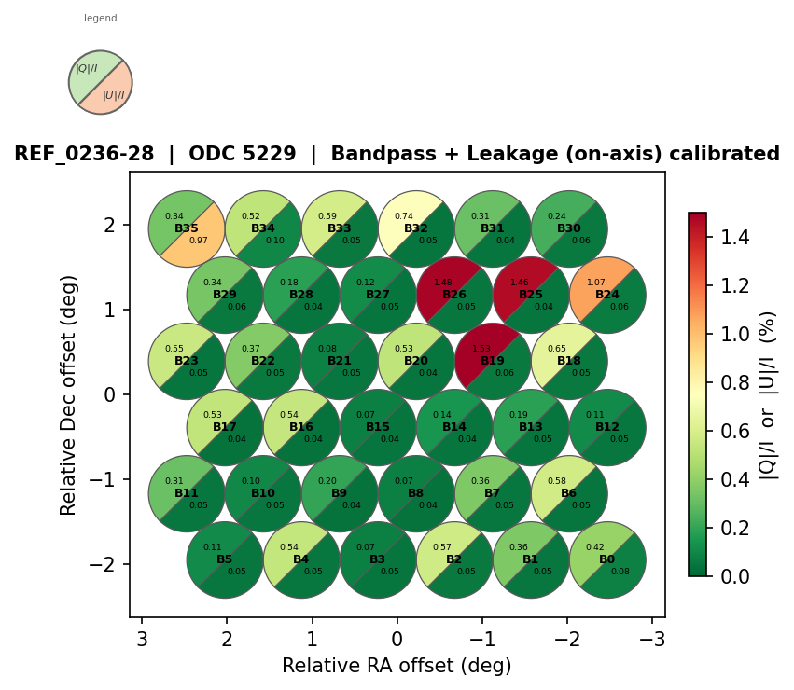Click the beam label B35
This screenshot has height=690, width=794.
[187, 228]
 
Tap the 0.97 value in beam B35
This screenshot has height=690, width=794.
[199, 241]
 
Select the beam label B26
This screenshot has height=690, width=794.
[454, 295]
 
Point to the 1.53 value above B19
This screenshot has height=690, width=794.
[481, 349]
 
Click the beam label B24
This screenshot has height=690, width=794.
[607, 295]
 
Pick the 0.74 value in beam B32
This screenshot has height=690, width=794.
[404, 216]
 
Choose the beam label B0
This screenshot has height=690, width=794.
[607, 559]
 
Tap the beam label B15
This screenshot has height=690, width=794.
[378, 427]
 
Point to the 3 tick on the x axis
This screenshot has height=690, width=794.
[142, 639]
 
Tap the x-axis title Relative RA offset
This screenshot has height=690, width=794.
[397, 666]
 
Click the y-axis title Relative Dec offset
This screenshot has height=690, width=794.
[69, 394]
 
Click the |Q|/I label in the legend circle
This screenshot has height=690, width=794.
[87, 69]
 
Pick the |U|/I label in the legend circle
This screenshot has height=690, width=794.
[113, 95]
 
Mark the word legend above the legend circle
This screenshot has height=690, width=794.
[101, 19]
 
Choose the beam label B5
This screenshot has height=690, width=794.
[225, 559]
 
